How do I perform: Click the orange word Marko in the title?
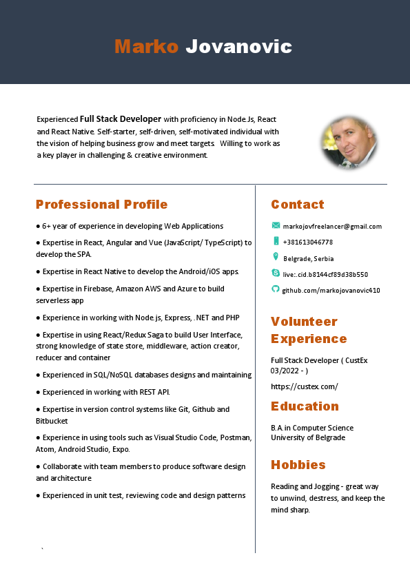146,47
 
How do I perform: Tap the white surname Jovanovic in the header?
239,47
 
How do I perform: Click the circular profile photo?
349,143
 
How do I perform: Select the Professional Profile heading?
101,205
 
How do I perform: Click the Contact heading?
297,205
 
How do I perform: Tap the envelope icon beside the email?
276,225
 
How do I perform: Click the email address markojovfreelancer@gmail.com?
332,226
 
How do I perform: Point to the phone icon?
276,241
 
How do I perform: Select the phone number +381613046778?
307,242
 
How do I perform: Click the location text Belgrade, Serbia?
308,258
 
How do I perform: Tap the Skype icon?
276,273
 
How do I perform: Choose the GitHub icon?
276,289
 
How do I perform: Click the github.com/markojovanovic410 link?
331,290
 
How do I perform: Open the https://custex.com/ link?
304,386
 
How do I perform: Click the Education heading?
305,406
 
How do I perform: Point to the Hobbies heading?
298,464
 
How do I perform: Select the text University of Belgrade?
308,437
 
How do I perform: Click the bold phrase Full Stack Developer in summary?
121,118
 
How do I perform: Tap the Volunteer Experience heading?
308,330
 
